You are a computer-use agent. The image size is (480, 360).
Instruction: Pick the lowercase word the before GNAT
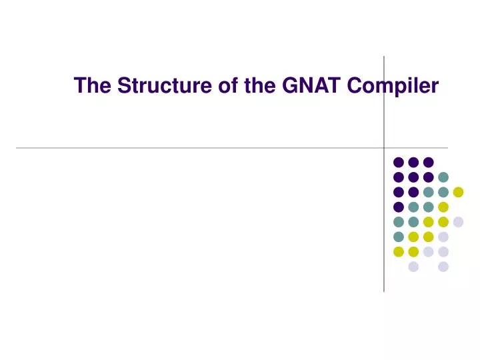point(254,86)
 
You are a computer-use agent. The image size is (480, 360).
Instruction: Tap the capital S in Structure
point(123,86)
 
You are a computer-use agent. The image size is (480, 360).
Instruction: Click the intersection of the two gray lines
point(384,147)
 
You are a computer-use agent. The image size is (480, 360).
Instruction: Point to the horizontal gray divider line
point(200,147)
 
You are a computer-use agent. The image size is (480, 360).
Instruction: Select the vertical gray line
point(384,253)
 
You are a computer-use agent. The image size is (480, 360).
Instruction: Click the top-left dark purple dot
point(399,162)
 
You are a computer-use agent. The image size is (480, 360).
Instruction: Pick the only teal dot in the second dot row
point(443,177)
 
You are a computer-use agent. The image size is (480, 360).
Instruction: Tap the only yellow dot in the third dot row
point(458,192)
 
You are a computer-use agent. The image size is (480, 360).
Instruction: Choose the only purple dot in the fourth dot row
point(399,207)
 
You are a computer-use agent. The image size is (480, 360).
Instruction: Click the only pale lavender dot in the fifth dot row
point(458,222)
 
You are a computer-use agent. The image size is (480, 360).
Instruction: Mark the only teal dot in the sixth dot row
point(399,237)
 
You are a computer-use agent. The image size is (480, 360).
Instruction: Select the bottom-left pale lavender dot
point(413,267)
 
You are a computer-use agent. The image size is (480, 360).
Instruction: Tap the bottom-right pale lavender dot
point(443,267)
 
